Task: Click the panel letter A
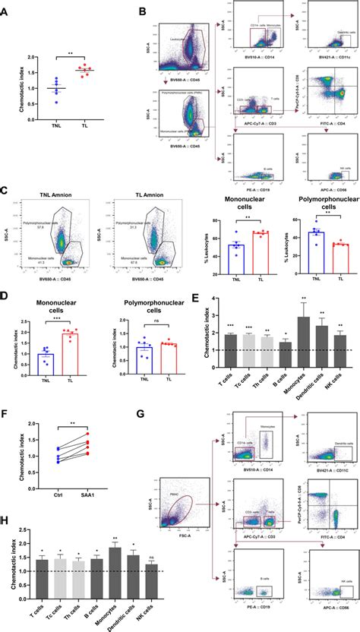point(5,10)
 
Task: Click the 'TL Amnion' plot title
point(131,196)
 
